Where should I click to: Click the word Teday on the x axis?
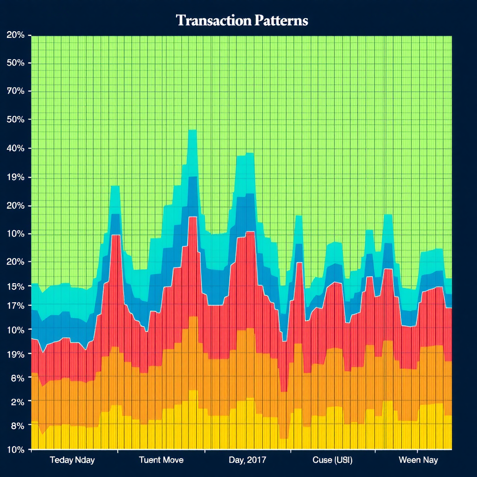pos(61,460)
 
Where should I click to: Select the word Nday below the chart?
pos(84,460)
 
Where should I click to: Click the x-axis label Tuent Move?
pos(161,460)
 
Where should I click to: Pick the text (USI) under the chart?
pos(343,460)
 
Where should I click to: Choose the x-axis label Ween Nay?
pos(419,460)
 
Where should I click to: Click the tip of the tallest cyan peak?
pos(192,130)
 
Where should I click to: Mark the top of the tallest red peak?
pos(192,217)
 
